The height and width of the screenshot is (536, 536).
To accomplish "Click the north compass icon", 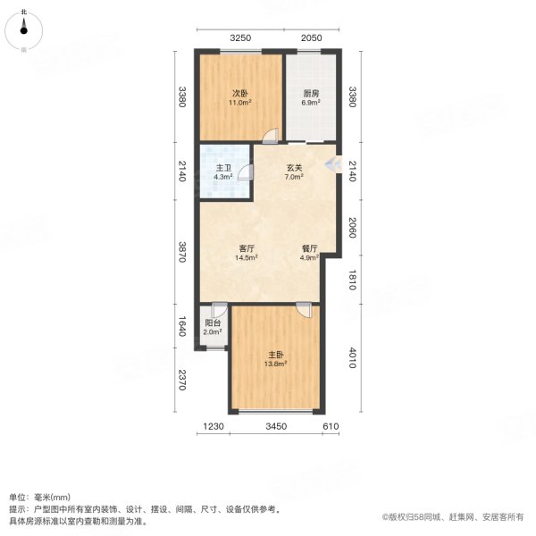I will click(24, 27).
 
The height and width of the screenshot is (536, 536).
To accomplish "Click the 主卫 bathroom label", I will click(223, 167).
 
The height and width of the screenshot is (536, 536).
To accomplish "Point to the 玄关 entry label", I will click(294, 167).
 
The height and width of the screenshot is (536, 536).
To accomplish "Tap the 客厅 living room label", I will click(248, 248).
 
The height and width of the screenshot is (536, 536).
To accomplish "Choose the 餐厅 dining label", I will click(310, 248).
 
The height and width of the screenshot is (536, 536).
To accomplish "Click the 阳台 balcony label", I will click(214, 324).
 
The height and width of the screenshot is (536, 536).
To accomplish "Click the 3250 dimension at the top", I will click(240, 38).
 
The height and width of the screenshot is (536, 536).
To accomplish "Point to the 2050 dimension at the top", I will click(310, 38).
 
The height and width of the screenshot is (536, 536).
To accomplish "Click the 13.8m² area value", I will click(274, 364).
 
